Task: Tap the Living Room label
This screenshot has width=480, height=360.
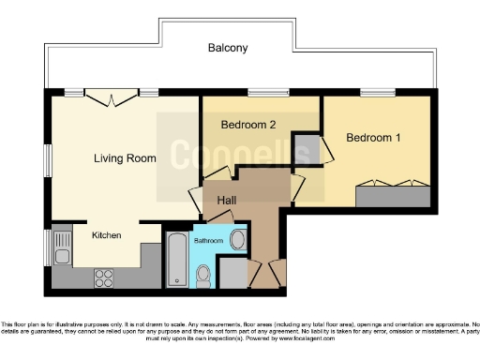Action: [125, 158]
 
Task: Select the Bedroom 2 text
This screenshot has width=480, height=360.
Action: [247, 125]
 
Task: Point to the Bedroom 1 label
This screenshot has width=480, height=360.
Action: [373, 138]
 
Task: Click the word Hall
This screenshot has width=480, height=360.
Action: [228, 201]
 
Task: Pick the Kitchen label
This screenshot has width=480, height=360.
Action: [106, 235]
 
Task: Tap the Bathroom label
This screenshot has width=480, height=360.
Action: [209, 241]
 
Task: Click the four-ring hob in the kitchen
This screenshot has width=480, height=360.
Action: [105, 277]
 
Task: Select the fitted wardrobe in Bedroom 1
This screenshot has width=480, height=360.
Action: [393, 197]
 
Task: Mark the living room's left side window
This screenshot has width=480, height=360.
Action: [49, 160]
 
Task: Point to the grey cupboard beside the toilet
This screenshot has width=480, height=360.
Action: [230, 273]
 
